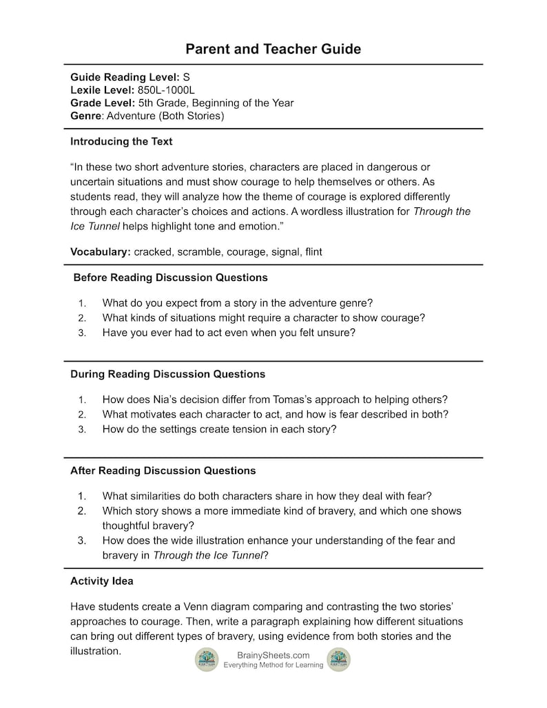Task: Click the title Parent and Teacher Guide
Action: (x=273, y=49)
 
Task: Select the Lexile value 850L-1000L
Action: (x=165, y=90)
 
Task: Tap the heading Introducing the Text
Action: (x=121, y=142)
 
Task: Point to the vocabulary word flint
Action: (x=309, y=252)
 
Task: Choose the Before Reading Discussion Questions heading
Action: (x=170, y=278)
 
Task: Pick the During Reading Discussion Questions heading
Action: (x=167, y=374)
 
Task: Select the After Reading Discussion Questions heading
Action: (x=163, y=470)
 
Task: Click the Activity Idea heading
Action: (x=102, y=581)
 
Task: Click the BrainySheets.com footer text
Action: (x=273, y=655)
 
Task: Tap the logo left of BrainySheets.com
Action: (x=206, y=659)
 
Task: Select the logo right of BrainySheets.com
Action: (x=338, y=659)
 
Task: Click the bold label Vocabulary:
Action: (x=101, y=252)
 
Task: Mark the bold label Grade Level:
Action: (x=103, y=103)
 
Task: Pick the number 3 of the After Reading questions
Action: (x=82, y=541)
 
